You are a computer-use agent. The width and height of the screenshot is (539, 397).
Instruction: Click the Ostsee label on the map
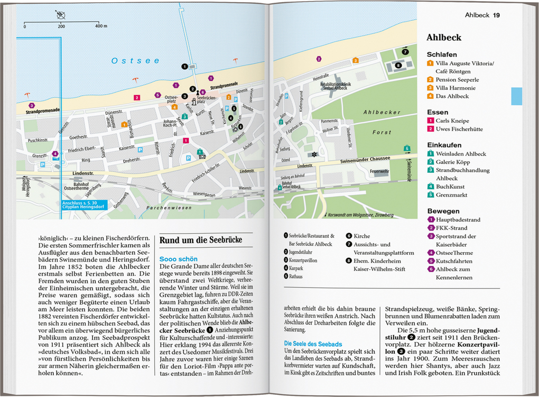135,61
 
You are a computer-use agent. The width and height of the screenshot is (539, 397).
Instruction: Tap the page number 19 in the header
496,15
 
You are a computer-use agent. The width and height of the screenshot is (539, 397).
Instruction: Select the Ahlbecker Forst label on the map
382,122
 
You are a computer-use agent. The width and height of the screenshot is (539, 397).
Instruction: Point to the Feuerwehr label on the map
379,171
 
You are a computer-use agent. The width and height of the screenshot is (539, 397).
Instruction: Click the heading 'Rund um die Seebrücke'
201,240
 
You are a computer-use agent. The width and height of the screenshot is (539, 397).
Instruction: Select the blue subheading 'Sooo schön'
179,259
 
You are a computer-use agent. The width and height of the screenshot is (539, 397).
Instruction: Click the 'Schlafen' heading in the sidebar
442,54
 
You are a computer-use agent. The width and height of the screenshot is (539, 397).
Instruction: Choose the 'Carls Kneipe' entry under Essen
452,121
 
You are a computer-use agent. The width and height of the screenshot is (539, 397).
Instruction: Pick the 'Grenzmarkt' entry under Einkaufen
452,195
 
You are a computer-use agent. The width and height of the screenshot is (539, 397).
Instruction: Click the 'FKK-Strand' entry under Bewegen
452,228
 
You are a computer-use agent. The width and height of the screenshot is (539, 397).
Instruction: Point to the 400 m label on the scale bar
101,26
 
